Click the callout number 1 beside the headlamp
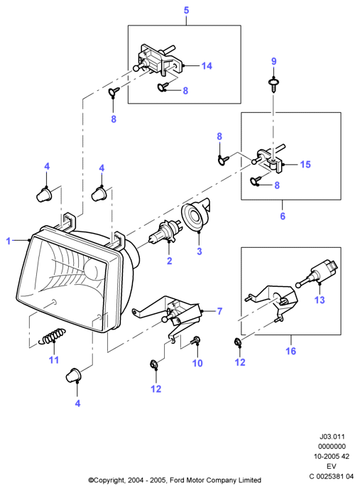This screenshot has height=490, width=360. [x=9, y=241]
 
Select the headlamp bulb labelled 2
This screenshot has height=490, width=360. [x=164, y=232]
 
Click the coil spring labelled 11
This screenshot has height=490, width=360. [x=52, y=336]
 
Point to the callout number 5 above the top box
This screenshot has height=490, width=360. [x=186, y=11]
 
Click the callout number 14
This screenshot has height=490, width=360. [x=207, y=66]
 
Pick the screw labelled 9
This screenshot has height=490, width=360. [x=274, y=84]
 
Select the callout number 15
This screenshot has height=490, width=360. [x=305, y=164]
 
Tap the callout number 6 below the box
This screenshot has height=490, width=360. [x=283, y=216]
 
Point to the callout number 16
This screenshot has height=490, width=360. [x=290, y=351]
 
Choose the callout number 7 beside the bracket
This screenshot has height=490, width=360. [x=219, y=311]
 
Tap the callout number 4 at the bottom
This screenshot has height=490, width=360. [x=77, y=403]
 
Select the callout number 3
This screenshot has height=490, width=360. [x=200, y=251]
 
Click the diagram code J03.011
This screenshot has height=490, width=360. [x=332, y=437]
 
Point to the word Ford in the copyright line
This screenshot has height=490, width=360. [x=177, y=480]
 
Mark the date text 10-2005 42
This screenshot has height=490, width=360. [x=332, y=456]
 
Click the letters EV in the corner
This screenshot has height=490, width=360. [x=332, y=467]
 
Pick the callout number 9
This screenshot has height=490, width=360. [x=274, y=61]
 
